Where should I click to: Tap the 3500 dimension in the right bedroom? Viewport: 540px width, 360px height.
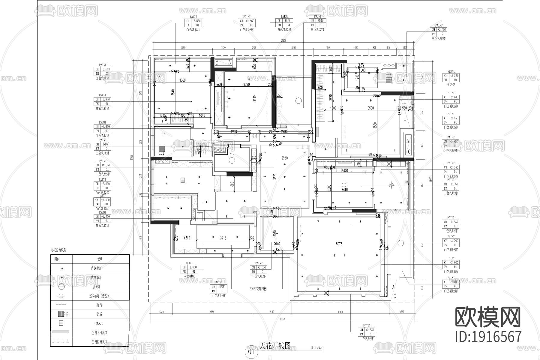click(x=370, y=108)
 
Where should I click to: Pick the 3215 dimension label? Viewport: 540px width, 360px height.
click(x=223, y=238)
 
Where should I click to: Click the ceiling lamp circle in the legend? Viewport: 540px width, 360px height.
click(x=61, y=286)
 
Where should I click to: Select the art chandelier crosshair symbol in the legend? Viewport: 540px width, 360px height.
click(x=61, y=296)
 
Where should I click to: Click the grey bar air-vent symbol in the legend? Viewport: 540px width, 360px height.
click(x=61, y=332)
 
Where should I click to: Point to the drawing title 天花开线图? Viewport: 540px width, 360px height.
click(x=275, y=346)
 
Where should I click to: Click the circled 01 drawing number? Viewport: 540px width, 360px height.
click(x=251, y=352)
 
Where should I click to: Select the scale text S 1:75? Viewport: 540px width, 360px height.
click(x=316, y=348)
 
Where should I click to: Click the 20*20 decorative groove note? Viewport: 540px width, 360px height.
click(x=258, y=289)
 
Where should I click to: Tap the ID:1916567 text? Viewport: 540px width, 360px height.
click(x=488, y=337)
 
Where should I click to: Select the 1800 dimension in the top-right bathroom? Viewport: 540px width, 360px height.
click(x=362, y=70)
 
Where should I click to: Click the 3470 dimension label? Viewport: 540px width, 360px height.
click(x=345, y=171)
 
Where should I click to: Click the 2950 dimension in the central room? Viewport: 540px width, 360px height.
click(x=284, y=158)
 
